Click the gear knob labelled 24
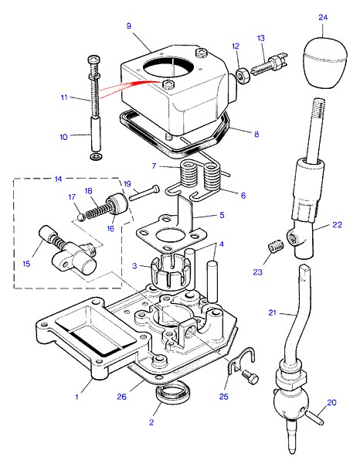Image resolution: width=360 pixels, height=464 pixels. click(325, 62)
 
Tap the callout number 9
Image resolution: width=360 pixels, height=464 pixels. click(128, 26)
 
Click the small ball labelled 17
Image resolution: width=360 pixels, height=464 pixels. click(81, 217)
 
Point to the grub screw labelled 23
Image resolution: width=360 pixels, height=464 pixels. click(276, 246)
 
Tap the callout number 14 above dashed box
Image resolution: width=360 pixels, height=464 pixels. click(58, 179)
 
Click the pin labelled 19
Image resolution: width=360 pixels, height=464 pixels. click(144, 193)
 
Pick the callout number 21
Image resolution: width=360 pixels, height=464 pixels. click(272, 312)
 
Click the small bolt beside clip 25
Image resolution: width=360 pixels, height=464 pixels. click(250, 377)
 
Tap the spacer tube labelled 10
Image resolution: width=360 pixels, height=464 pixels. click(95, 133)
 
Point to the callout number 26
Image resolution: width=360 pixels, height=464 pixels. click(121, 397)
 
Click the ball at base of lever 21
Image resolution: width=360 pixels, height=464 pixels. click(291, 403)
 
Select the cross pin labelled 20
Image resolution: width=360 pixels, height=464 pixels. click(314, 418)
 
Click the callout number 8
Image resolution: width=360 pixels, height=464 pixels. click(256, 134)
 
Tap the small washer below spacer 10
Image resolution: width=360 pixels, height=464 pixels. click(96, 156)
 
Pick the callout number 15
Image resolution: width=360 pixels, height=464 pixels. click(26, 264)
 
